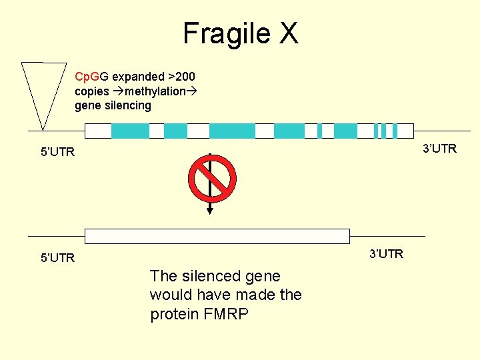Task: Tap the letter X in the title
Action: pyautogui.click(x=288, y=33)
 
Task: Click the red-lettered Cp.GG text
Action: pyautogui.click(x=92, y=77)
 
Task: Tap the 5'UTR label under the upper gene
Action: pyautogui.click(x=57, y=153)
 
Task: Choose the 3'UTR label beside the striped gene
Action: pyautogui.click(x=439, y=148)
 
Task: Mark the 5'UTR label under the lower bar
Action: pyautogui.click(x=57, y=258)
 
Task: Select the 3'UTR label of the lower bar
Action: pyautogui.click(x=386, y=253)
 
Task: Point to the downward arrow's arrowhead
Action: pyautogui.click(x=210, y=210)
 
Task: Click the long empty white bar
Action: pyautogui.click(x=217, y=236)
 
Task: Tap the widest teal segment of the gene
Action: pyautogui.click(x=232, y=131)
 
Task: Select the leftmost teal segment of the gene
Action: pyautogui.click(x=130, y=131)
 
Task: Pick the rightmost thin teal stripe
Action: pyautogui.click(x=395, y=131)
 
